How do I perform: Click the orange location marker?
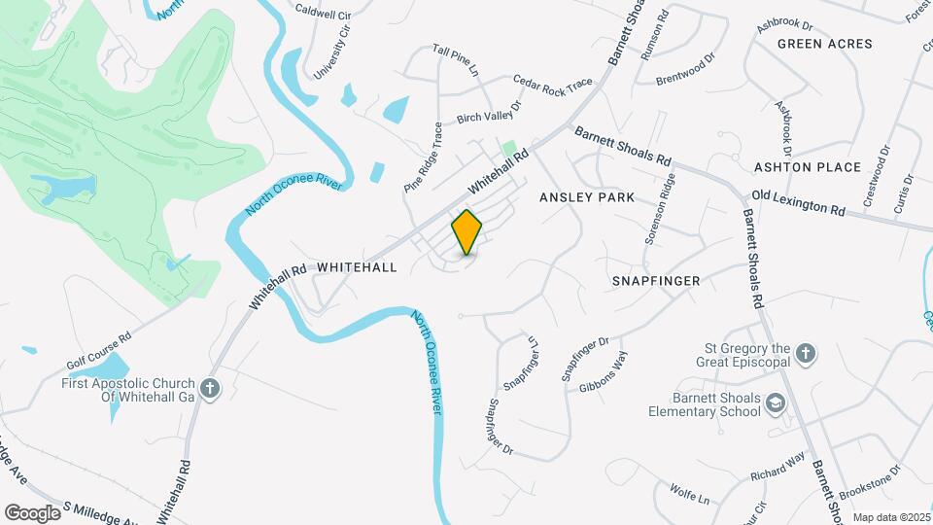pos(466,232)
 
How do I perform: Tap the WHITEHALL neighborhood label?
pos(357,266)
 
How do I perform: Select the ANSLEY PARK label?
pos(587,197)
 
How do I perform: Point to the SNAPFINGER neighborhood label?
pos(656,281)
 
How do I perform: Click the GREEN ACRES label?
pos(825,44)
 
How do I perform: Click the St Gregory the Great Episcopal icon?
pos(805,354)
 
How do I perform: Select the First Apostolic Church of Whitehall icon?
pos(209,390)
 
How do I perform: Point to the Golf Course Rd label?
pos(99,352)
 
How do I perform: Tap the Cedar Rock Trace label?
pos(553,87)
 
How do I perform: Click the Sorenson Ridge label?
pos(660,209)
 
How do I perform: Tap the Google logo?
pos(31,512)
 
